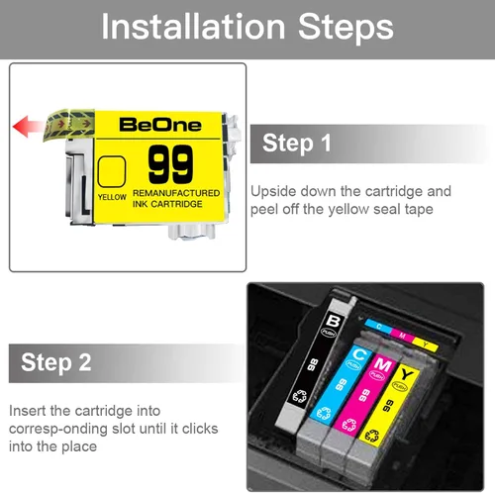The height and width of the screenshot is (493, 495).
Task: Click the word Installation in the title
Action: (x=193, y=27)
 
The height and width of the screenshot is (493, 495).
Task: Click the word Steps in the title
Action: (x=346, y=29)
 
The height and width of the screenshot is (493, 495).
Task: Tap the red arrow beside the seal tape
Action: (x=28, y=126)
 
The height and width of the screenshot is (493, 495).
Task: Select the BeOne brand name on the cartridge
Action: (x=160, y=125)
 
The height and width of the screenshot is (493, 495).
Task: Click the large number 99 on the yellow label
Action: (x=170, y=164)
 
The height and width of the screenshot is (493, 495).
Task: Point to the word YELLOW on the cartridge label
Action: (x=112, y=197)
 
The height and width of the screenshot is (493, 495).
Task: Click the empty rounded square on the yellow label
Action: (x=112, y=171)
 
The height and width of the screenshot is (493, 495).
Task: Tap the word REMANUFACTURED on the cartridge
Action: (x=176, y=193)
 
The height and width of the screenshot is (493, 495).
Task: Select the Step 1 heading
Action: (x=297, y=144)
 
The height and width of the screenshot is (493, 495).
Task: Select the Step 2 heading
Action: (x=56, y=362)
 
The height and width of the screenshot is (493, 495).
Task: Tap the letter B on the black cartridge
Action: (x=334, y=321)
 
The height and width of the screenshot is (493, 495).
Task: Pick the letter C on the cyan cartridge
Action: (x=359, y=354)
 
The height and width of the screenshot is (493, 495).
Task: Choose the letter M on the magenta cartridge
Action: (x=382, y=365)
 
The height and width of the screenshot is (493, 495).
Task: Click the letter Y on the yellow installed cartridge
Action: (x=407, y=374)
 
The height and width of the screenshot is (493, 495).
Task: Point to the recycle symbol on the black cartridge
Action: (x=300, y=396)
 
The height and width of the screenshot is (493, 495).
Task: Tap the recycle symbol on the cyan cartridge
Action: (x=324, y=413)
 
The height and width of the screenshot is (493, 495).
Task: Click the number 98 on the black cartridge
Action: (x=313, y=364)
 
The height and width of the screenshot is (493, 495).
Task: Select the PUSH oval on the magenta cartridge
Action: (x=377, y=375)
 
